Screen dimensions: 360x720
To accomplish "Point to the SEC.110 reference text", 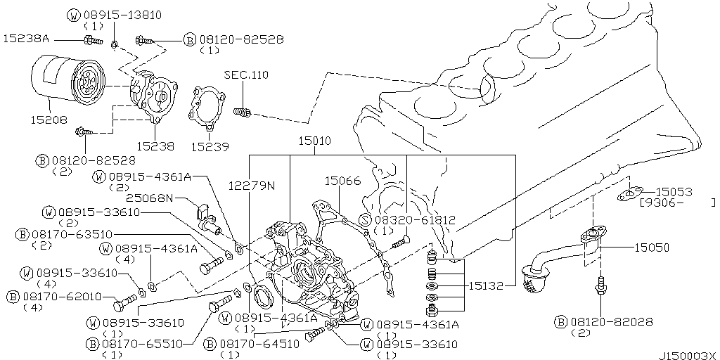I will (245, 75).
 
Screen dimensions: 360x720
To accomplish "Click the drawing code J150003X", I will (687, 355).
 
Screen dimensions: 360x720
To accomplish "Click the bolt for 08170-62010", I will (123, 304).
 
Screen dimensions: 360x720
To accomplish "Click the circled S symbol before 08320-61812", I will (365, 220).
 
